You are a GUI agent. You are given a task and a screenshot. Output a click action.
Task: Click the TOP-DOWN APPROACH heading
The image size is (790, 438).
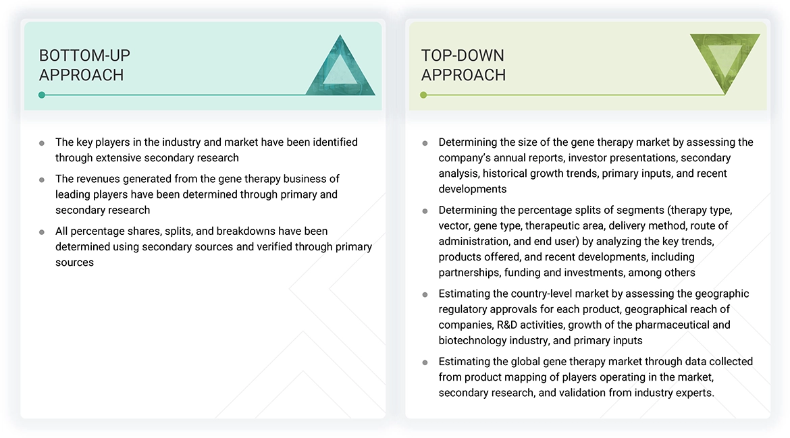463,65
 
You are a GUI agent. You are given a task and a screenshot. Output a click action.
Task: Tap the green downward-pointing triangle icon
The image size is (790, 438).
725,62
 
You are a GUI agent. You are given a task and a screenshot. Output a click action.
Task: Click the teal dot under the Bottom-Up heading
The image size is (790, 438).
42,95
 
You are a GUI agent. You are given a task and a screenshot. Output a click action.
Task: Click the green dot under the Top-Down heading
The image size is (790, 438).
423,95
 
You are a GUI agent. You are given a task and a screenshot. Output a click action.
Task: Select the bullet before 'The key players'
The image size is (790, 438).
42,143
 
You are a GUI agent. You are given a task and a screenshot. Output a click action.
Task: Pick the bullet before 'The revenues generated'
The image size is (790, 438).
42,180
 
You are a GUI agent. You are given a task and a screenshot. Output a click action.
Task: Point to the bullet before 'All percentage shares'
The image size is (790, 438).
42,231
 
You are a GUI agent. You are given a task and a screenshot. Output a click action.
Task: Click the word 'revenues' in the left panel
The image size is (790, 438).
97,179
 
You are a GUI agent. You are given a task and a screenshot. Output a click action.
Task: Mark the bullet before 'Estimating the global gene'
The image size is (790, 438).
425,362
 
